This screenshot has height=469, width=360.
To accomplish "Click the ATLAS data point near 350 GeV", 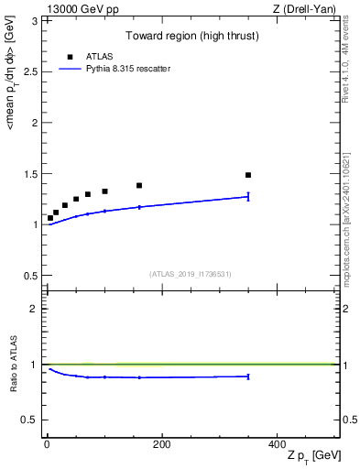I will click(248, 175).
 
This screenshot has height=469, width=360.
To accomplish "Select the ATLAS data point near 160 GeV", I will click(139, 186).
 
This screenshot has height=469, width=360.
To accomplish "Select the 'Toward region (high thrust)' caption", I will click(191, 37).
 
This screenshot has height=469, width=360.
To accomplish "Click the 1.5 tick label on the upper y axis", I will click(32, 173).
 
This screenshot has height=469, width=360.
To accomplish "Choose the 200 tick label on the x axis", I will click(161, 444).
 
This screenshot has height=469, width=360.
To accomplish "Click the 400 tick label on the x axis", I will click(276, 444).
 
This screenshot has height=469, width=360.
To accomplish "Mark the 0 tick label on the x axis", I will click(47, 444).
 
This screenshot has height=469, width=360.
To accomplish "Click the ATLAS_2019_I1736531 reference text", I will click(191, 274).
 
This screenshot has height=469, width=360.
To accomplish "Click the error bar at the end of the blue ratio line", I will click(248, 376).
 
